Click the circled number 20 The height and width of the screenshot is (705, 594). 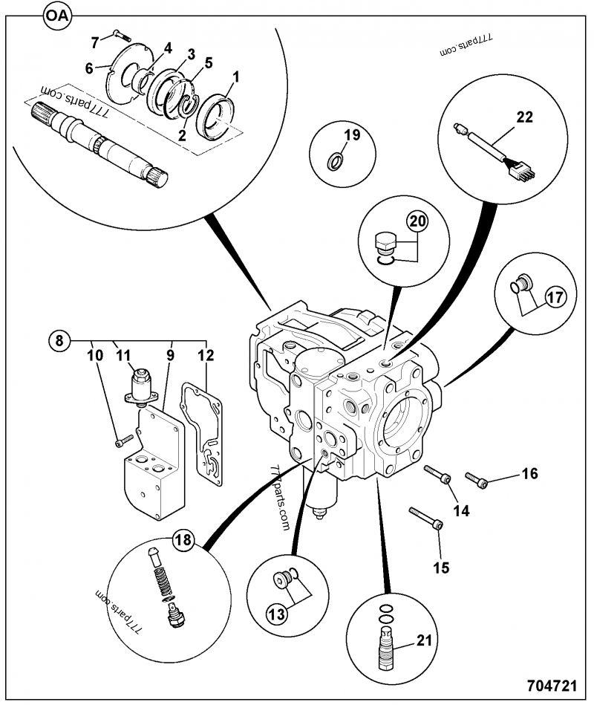pyautogui.click(x=417, y=221)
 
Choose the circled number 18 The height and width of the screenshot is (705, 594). pyautogui.click(x=183, y=541)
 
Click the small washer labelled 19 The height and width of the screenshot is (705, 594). pyautogui.click(x=336, y=159)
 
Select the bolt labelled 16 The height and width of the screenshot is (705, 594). pyautogui.click(x=475, y=479)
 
